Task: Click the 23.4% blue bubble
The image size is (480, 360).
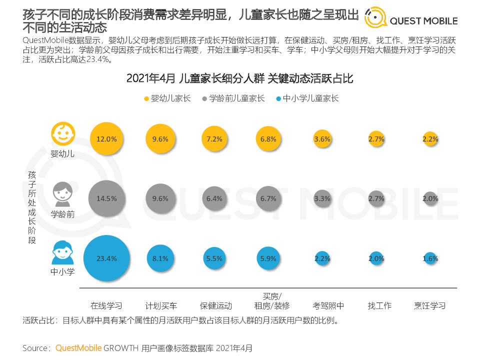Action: click(x=106, y=258)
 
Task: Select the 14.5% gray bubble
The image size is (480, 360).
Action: click(x=106, y=198)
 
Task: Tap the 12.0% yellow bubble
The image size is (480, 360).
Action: click(x=106, y=139)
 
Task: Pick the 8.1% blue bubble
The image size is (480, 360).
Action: click(x=160, y=258)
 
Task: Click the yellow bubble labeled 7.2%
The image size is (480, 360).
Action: click(x=214, y=139)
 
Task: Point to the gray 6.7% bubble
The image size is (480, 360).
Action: click(x=268, y=198)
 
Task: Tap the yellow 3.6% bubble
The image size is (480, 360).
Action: click(x=322, y=139)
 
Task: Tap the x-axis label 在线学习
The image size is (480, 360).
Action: click(x=106, y=305)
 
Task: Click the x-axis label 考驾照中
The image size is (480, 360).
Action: click(x=322, y=305)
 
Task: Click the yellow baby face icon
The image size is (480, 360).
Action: click(x=62, y=133)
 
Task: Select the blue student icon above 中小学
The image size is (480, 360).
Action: click(x=62, y=253)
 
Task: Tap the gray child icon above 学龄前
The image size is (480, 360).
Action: click(x=62, y=194)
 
